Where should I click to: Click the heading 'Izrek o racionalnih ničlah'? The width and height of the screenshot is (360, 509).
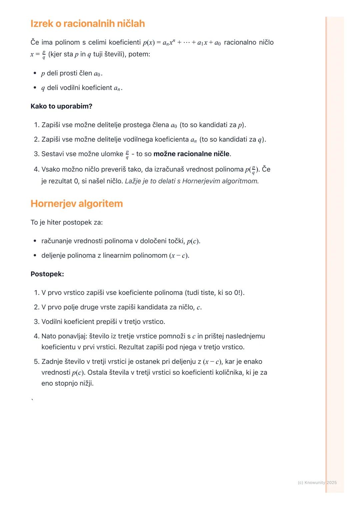[88, 24]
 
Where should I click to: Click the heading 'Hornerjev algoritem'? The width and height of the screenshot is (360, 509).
[77, 204]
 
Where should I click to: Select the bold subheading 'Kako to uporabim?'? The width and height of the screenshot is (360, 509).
[61, 106]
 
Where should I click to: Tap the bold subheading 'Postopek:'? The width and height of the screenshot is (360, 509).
[47, 274]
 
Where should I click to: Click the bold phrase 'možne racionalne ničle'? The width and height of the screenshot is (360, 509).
[191, 154]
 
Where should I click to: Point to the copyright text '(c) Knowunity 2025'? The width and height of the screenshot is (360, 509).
[317, 482]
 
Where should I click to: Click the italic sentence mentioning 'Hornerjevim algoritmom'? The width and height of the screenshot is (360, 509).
[192, 181]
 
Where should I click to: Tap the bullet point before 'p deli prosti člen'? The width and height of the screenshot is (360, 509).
[35, 73]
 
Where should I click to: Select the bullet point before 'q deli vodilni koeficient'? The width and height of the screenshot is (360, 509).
[35, 88]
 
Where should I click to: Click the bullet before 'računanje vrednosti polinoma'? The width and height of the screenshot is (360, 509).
[35, 241]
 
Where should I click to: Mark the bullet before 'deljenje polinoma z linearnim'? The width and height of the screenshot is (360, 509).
[35, 256]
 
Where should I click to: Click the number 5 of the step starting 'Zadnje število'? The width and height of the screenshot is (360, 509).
[36, 362]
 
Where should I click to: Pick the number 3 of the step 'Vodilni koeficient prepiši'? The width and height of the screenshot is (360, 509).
[36, 322]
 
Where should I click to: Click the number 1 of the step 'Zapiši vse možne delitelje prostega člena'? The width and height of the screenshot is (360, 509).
[36, 125]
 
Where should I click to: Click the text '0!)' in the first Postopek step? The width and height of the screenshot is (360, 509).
[239, 293]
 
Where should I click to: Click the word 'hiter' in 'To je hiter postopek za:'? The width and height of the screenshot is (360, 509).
[54, 222]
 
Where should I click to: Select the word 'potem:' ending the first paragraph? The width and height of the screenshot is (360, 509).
[139, 54]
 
